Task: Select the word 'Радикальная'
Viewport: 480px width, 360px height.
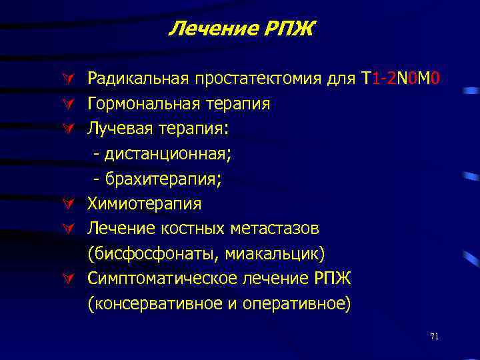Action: pos(139,79)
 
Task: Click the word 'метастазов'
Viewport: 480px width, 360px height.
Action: pos(275,229)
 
